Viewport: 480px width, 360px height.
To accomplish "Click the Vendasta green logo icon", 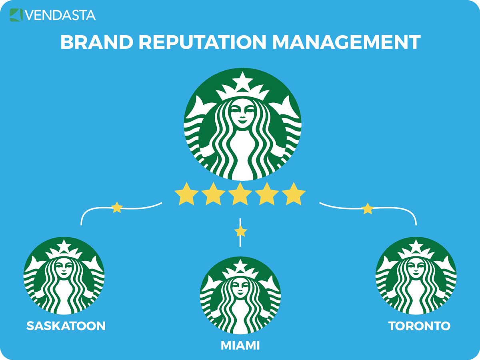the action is pos(16,15).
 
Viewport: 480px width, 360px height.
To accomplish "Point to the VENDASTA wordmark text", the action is pos(60,15).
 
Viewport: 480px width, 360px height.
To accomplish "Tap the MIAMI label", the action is pos(240,346).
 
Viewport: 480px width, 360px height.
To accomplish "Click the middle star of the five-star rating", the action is pos(240,194).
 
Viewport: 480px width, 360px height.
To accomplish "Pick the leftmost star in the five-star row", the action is pos(186,194).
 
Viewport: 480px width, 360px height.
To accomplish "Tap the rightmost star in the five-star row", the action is pos(294,194).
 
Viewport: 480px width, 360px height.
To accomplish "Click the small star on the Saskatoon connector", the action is pos(117,208).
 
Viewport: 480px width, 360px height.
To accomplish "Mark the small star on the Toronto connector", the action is pos(368,209).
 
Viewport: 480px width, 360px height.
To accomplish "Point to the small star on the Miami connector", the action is pos(240,232).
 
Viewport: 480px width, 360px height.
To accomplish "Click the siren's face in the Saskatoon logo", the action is pos(64,268).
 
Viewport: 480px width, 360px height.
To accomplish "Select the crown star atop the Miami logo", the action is pos(240,266).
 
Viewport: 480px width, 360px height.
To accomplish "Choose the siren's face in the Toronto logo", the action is pos(416,268).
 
